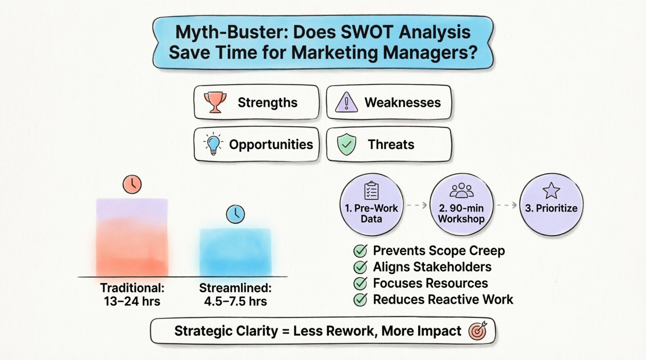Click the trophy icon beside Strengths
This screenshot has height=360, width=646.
[x=215, y=102]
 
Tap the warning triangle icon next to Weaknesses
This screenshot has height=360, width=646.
[x=346, y=102]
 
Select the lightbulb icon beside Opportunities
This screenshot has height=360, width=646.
[x=213, y=144]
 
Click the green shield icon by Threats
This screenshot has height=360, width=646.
[x=346, y=144]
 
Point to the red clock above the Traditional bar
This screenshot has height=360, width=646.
[x=132, y=184]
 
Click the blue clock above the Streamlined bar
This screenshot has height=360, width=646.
[x=235, y=214]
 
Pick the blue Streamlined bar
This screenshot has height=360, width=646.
[x=235, y=252]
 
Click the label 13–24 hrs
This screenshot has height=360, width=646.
[x=132, y=301]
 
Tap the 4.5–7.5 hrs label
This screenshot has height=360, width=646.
[x=235, y=301]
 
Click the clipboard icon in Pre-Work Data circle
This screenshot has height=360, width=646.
[x=371, y=190]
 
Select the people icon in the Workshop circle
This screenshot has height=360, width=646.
[x=461, y=190]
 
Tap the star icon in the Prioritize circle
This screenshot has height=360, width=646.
[x=551, y=190]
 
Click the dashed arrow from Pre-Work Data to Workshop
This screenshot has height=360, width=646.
[x=417, y=205]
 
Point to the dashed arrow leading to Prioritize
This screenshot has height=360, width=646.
[x=507, y=205]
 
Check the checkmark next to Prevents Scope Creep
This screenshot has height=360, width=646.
[x=360, y=251]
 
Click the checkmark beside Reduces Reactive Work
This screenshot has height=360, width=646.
[x=360, y=299]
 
